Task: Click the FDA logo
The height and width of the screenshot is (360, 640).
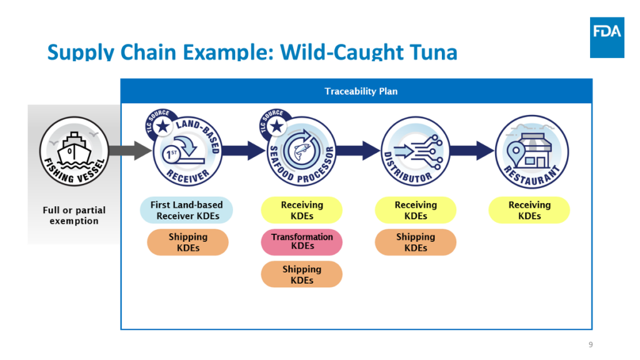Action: click(607, 37)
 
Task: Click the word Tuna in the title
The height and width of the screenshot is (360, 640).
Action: click(434, 52)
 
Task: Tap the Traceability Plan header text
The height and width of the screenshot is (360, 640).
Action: click(361, 91)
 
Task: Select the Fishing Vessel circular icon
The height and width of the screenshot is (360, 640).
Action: click(74, 151)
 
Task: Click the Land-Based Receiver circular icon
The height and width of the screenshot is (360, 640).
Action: click(187, 151)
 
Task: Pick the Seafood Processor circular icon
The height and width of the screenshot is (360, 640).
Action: click(302, 151)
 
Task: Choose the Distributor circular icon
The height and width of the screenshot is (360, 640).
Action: click(416, 151)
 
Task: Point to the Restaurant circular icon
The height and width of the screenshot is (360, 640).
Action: click(531, 152)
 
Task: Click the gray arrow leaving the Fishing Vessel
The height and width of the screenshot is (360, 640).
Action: click(131, 151)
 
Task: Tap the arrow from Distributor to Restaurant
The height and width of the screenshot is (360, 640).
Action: click(472, 151)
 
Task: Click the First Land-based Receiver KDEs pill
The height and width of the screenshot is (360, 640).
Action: click(186, 210)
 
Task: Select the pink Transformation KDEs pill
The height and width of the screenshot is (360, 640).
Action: click(302, 242)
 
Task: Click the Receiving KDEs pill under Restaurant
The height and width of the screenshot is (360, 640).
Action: click(529, 210)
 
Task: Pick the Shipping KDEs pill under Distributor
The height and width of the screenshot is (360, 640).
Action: click(416, 242)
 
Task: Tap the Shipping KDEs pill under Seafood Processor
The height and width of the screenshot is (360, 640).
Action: click(302, 274)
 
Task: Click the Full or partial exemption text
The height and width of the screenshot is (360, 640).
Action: click(74, 216)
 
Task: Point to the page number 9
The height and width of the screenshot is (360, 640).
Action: click(591, 344)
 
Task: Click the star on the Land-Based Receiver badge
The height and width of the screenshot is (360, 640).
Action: click(163, 126)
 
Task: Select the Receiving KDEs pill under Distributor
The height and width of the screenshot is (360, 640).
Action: click(416, 210)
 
